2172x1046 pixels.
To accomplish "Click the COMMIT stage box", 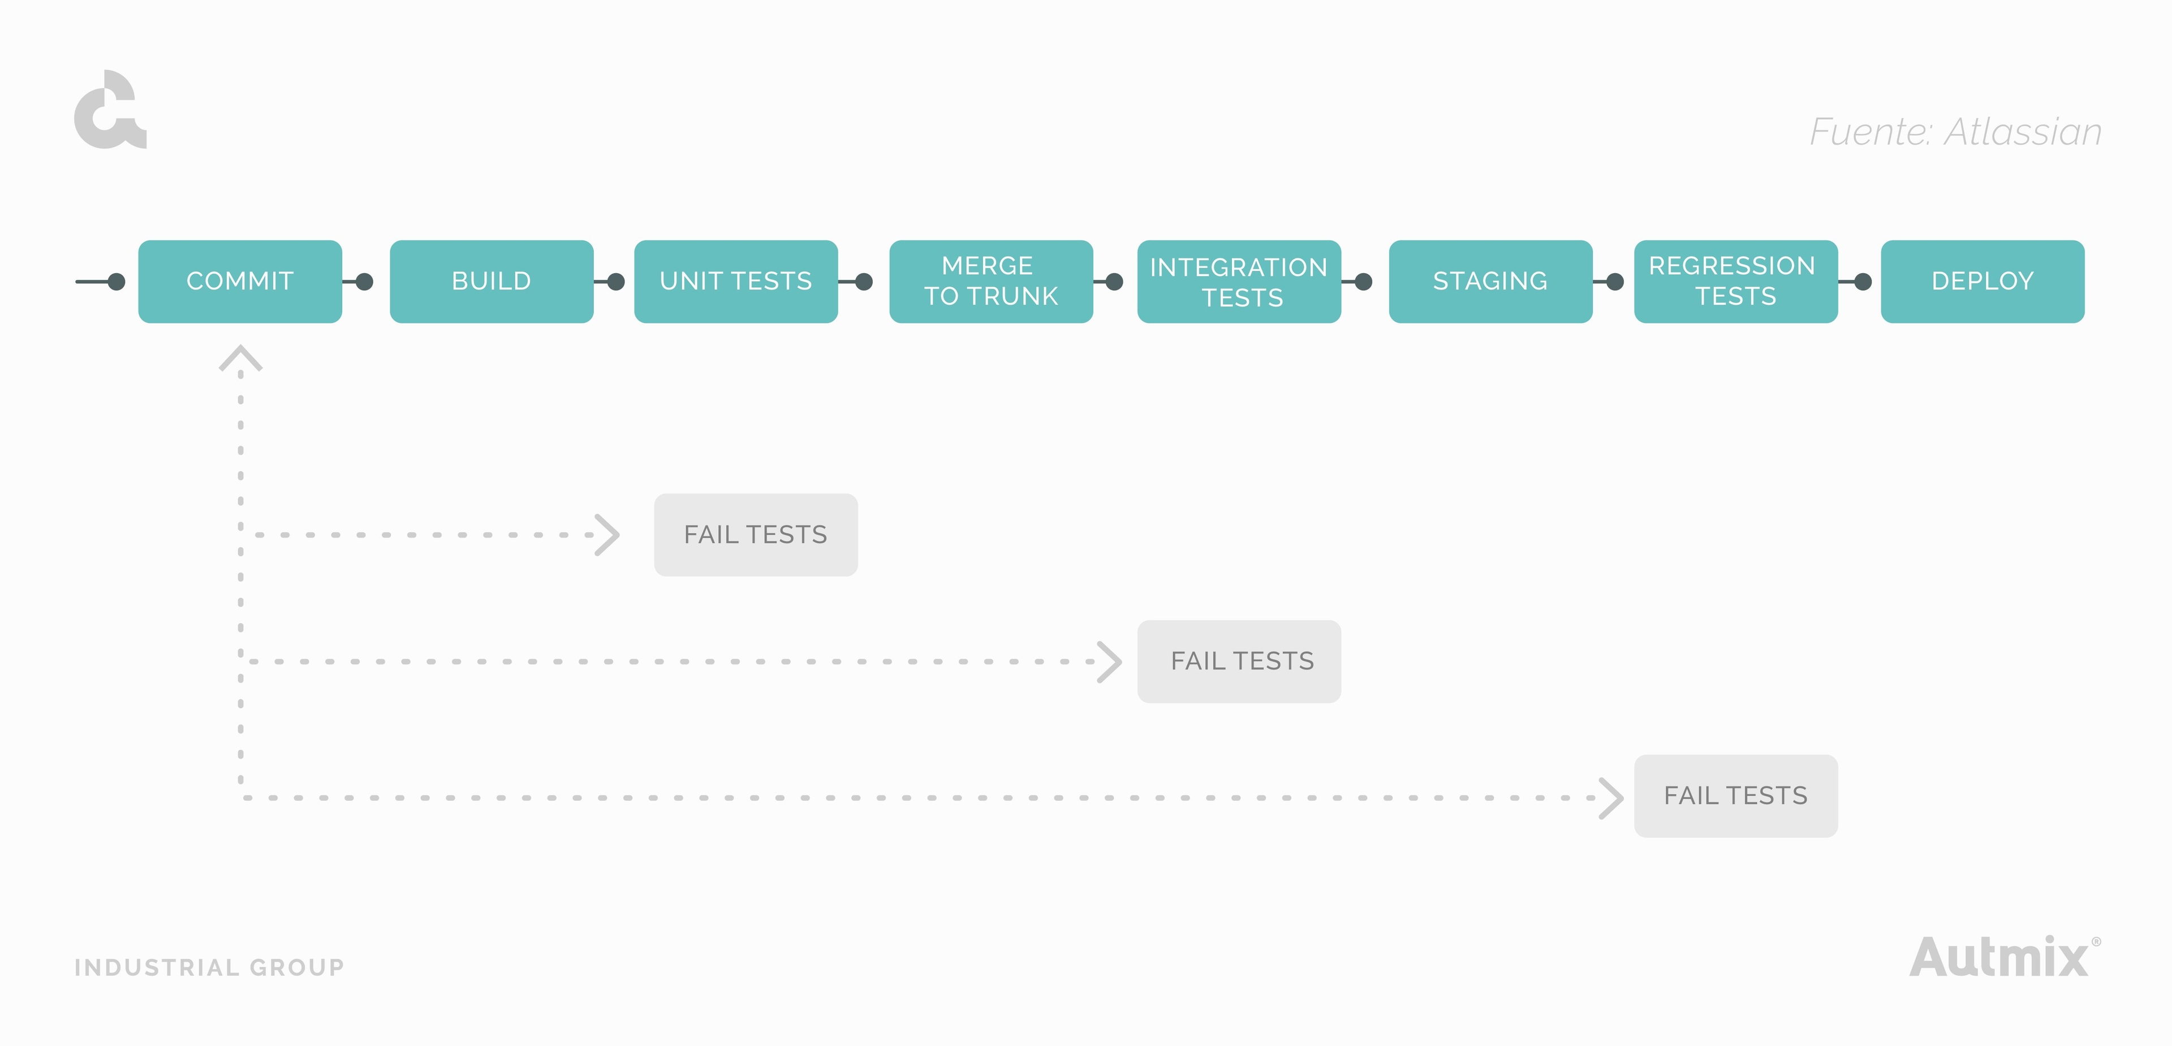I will tap(240, 282).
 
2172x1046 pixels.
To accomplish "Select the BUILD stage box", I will tap(492, 282).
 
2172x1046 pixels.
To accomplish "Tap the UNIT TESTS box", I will tap(736, 282).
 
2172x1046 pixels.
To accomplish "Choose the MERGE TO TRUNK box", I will tap(991, 282).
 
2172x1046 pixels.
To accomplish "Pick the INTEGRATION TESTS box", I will tap(1239, 282).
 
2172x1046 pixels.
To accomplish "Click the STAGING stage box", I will tap(1490, 282).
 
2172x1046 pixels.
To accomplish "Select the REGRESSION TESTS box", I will tap(1735, 282).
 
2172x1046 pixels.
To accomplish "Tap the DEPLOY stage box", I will tap(1983, 282).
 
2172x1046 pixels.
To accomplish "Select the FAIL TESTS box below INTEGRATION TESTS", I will tap(1239, 662).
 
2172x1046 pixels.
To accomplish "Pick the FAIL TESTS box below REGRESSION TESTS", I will tap(1735, 796).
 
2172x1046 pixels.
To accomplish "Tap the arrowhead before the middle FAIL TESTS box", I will tap(1110, 662).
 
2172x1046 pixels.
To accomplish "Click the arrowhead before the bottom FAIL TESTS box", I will tap(1611, 797).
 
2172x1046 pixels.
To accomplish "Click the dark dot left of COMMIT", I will tap(117, 282).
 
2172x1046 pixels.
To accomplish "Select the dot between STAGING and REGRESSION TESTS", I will tap(1615, 282).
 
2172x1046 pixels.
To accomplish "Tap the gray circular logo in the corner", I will tap(110, 110).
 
